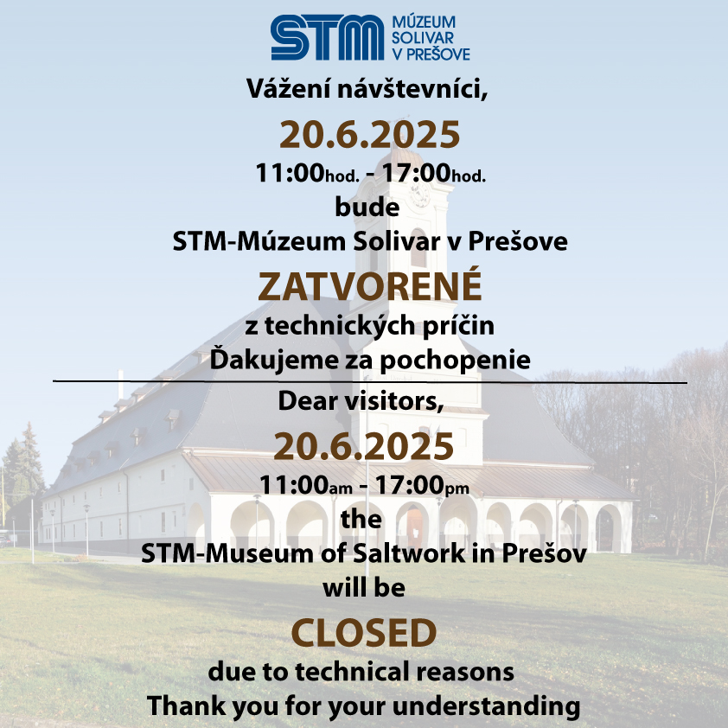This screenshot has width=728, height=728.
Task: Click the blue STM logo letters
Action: (328, 37)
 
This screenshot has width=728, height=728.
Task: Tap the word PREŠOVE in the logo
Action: (438, 54)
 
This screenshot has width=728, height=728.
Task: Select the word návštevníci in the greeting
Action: (412, 88)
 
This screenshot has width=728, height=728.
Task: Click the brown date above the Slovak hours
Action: (369, 135)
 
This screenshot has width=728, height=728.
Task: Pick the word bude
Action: (367, 207)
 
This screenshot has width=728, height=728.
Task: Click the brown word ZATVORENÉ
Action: (370, 285)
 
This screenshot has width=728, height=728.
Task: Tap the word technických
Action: (340, 326)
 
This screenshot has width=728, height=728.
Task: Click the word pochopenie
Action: (455, 361)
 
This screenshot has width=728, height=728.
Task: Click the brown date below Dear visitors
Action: (363, 446)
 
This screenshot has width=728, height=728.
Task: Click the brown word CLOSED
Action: (364, 633)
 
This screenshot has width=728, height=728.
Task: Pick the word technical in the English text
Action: (353, 672)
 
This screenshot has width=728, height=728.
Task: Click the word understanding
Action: (486, 706)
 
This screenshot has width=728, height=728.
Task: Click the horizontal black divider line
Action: (370, 382)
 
